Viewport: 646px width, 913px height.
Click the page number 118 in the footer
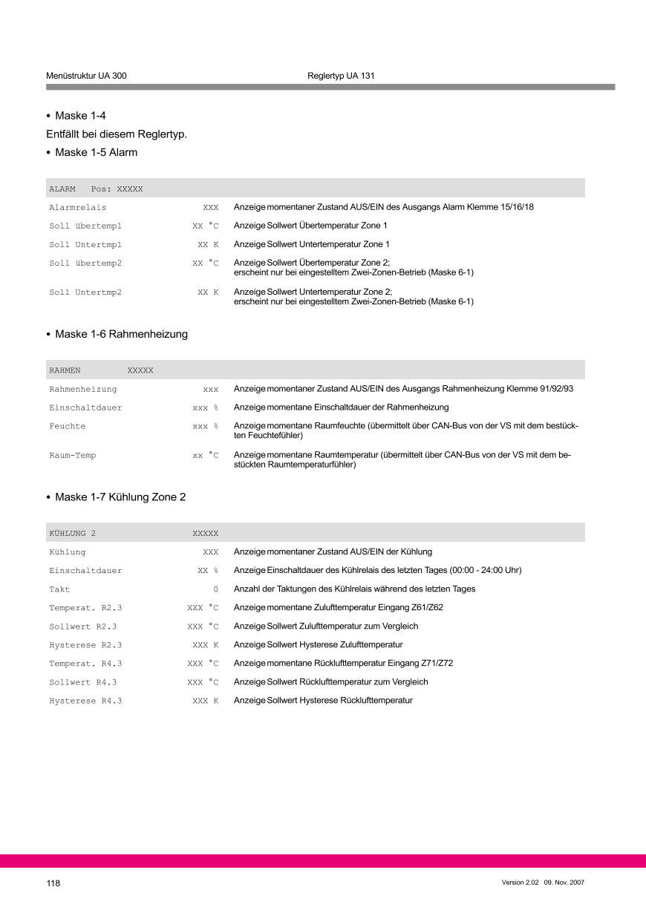click(53, 883)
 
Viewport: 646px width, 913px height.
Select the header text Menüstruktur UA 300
click(86, 76)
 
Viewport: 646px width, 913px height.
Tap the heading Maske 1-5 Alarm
click(96, 152)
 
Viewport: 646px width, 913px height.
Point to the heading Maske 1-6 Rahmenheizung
click(121, 334)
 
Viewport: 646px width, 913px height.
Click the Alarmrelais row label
click(78, 208)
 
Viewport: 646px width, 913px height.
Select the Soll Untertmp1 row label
click(85, 244)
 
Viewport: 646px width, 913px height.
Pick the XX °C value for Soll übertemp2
click(205, 263)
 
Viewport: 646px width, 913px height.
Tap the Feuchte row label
click(68, 426)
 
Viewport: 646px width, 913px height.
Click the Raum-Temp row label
click(73, 455)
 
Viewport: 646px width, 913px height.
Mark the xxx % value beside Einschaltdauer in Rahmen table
click(205, 408)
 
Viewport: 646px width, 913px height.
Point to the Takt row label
click(59, 589)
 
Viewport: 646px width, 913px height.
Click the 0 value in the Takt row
click(215, 589)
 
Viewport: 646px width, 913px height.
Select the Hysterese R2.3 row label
click(85, 645)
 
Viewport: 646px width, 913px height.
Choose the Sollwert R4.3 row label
click(83, 682)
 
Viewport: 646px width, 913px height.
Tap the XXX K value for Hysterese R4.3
click(205, 701)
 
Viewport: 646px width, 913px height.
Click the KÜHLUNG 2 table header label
click(73, 533)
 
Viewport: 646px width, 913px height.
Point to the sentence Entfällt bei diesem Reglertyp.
click(117, 134)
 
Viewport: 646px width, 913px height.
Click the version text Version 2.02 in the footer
click(520, 882)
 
